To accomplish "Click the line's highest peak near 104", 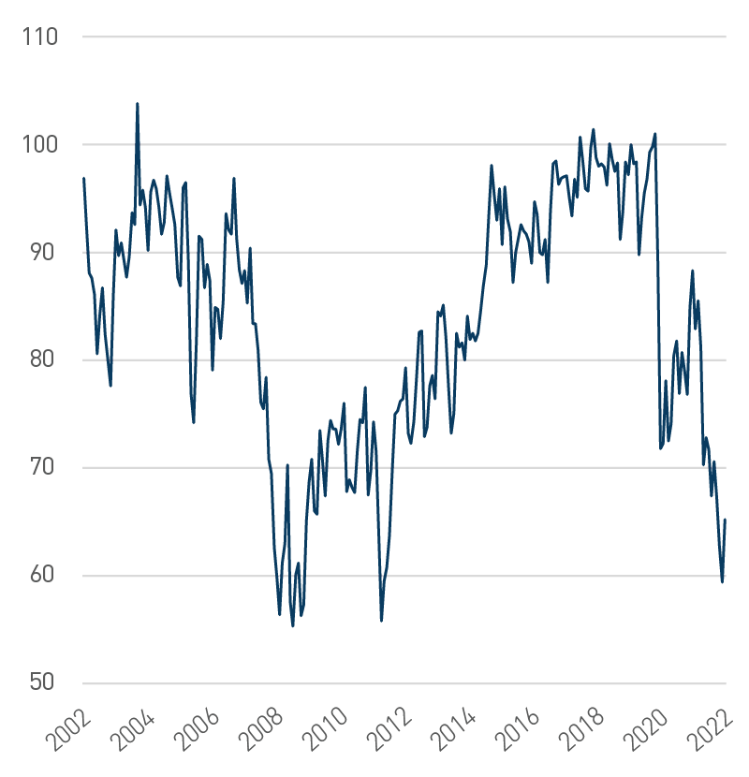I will coord(138,104).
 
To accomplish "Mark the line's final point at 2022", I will coord(725,520).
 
